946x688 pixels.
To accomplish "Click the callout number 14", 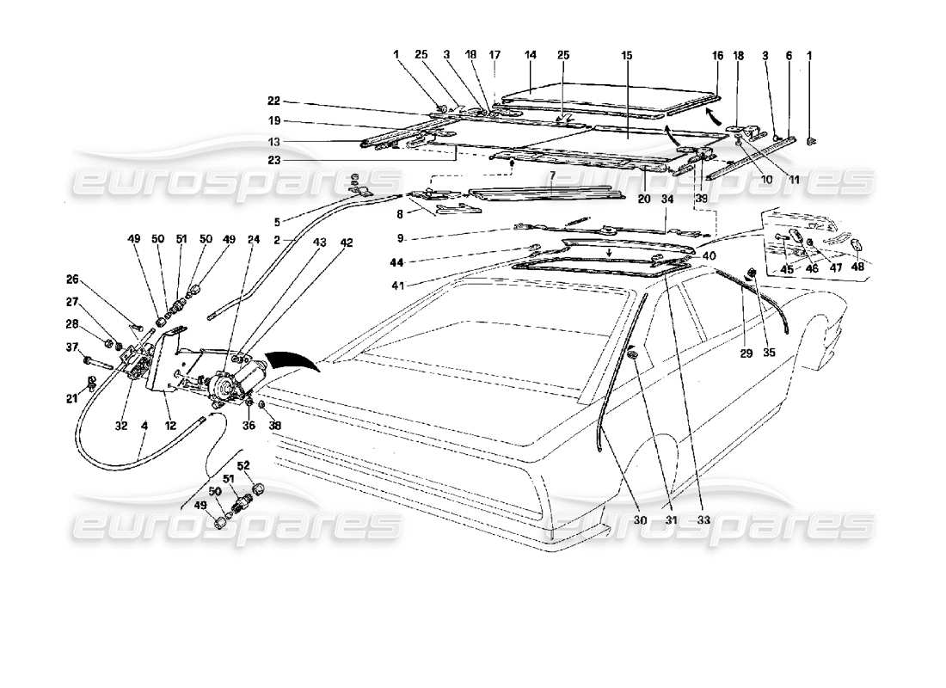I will (x=530, y=54).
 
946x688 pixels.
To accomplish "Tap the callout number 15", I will (x=627, y=54).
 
